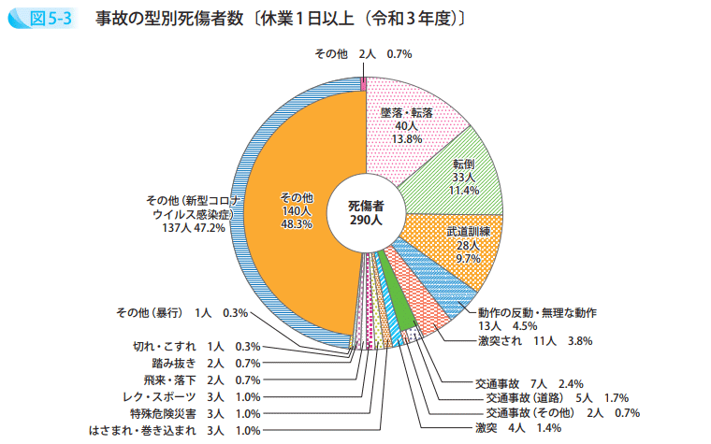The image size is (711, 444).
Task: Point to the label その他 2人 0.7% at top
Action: [x=362, y=54]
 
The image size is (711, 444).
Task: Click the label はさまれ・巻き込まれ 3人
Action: [x=174, y=430]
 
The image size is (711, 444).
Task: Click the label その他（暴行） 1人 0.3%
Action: [x=181, y=312]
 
